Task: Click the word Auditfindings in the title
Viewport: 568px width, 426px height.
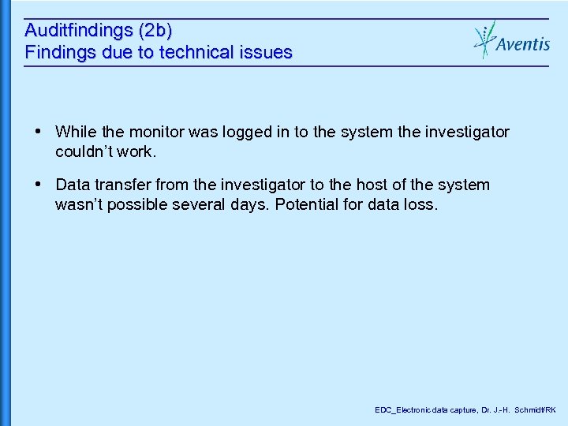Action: tap(79, 31)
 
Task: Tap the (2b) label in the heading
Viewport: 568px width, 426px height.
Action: tap(155, 31)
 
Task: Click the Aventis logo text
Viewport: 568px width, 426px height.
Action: tap(523, 44)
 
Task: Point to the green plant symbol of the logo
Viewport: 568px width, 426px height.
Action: tap(484, 39)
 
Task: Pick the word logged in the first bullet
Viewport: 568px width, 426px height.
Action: tap(242, 132)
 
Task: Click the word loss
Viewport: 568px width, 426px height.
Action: tap(418, 204)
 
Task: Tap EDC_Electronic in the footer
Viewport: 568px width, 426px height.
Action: tap(402, 410)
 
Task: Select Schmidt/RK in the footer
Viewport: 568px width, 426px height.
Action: tap(536, 410)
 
